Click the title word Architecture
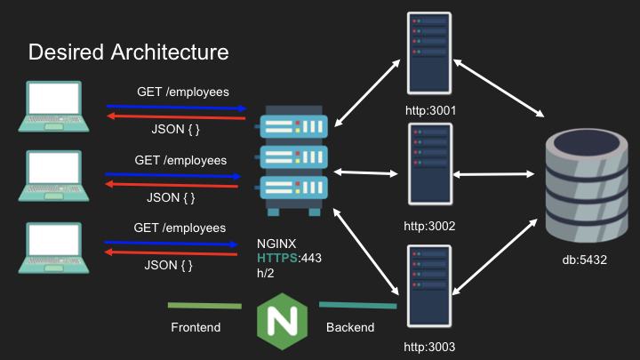tap(170, 52)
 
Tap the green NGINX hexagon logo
tap(282, 321)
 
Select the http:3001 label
tap(430, 110)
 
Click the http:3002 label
tap(429, 226)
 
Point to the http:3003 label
tap(429, 347)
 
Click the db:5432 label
tap(585, 260)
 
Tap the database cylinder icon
tap(587, 186)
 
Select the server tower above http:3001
tap(429, 53)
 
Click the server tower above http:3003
tap(429, 286)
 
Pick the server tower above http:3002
tap(430, 164)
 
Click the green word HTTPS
tap(277, 258)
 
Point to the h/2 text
tap(265, 273)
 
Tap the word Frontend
tap(196, 327)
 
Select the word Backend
tap(350, 327)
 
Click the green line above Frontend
tap(204, 305)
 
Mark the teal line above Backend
tap(357, 305)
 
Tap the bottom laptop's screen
tap(54, 240)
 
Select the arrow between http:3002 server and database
tap(493, 174)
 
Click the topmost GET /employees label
tap(183, 92)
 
